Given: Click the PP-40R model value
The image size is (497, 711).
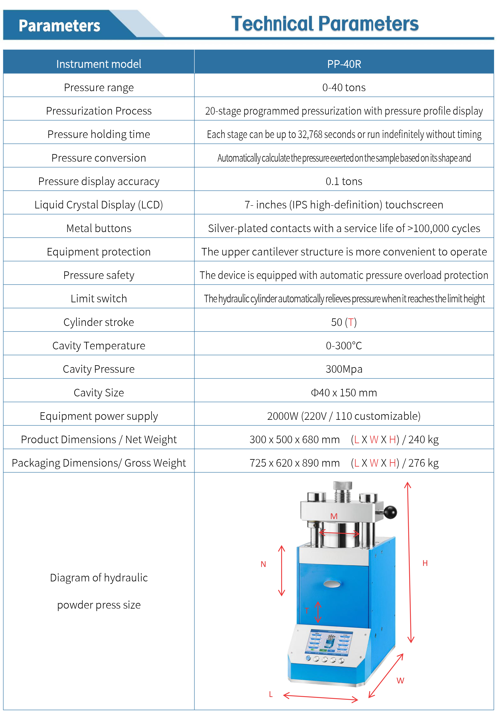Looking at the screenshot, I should click(x=344, y=64).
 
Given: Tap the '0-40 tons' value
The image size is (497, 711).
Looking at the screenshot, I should click(x=344, y=88).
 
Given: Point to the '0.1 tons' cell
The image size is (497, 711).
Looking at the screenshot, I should click(x=344, y=181).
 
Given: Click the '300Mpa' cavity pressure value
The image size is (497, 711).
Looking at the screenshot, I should click(x=344, y=369).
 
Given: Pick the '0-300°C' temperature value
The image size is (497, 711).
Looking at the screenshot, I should click(x=344, y=346).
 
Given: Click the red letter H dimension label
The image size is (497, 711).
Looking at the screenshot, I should click(x=425, y=563).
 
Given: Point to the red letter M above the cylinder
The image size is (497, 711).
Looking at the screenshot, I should click(x=334, y=516).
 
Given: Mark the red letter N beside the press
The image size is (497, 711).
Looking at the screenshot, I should click(x=263, y=564).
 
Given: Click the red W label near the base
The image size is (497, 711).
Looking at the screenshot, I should click(x=400, y=681).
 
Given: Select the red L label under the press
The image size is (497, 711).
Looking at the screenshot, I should click(x=271, y=694).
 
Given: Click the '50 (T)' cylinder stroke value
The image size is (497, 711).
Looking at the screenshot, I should click(x=344, y=322).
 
